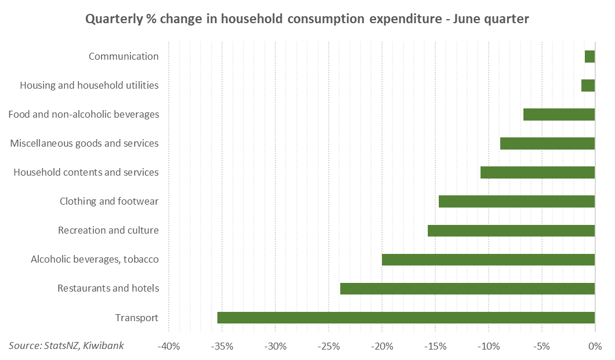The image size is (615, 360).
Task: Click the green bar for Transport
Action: click(406, 318)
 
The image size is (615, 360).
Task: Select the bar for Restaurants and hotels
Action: click(467, 289)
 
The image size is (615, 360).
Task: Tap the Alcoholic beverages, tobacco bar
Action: click(488, 260)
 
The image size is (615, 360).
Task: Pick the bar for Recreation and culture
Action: click(511, 231)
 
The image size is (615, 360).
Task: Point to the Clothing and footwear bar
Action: click(516, 202)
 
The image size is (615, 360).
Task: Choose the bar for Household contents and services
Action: click(537, 172)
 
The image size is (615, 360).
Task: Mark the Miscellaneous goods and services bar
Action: click(547, 143)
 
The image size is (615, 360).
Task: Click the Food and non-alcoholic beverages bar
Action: click(559, 114)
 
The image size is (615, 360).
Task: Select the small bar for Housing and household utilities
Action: click(588, 85)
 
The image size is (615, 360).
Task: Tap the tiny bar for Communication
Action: click(589, 56)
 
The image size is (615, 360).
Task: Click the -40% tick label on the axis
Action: click(168, 347)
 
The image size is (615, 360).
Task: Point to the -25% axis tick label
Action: click(329, 347)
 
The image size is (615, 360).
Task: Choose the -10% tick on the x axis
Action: click(489, 347)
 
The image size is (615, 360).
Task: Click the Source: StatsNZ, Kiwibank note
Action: click(66, 346)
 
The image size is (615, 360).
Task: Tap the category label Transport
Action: click(137, 318)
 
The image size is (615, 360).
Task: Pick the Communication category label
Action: click(123, 56)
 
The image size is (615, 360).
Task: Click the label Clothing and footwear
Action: click(109, 202)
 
